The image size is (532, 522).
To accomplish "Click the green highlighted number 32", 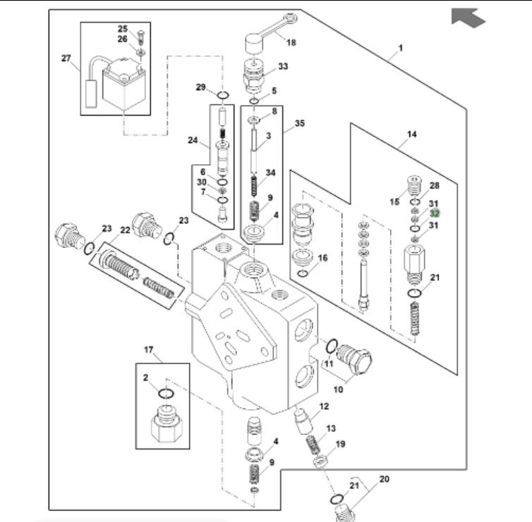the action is (x=435, y=213).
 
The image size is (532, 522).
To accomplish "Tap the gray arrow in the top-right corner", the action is (x=468, y=17).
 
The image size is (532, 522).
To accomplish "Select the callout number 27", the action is (x=66, y=58).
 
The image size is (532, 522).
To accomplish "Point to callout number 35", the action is (x=300, y=123).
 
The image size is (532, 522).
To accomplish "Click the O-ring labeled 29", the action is (x=222, y=96).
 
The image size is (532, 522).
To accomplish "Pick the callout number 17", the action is (x=149, y=349).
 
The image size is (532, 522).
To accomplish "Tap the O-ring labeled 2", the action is (x=166, y=394).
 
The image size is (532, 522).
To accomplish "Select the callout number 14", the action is (x=411, y=135).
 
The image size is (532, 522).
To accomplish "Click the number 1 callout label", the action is (x=400, y=48).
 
